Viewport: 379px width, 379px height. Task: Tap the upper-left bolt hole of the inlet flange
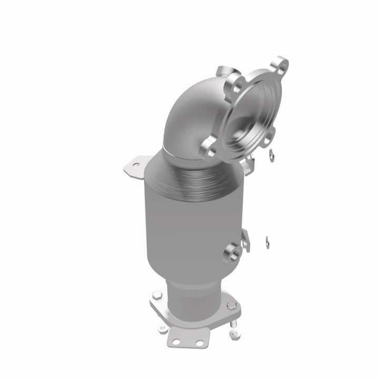[232, 82]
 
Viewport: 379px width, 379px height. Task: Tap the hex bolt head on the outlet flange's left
[156, 296]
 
